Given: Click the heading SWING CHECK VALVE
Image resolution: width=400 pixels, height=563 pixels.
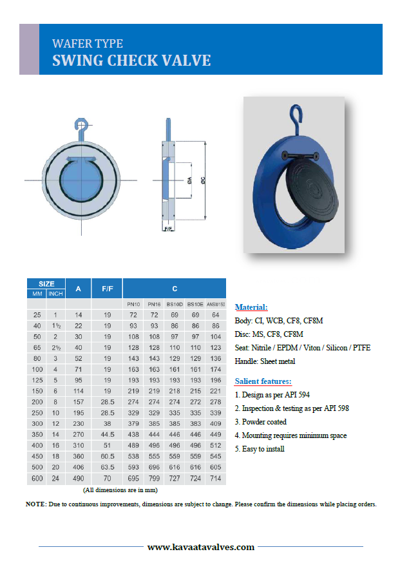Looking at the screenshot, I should (x=131, y=61).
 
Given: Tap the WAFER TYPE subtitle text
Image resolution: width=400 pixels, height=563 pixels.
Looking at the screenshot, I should (x=87, y=44).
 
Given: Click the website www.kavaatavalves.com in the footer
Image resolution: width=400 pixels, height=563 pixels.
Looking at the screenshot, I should (x=200, y=547).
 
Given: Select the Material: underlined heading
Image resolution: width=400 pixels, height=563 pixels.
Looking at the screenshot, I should (x=251, y=307).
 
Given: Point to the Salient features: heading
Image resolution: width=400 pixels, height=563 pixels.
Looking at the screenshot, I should (x=263, y=381).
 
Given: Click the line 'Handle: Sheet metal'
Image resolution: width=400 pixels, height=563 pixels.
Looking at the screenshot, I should (x=265, y=361).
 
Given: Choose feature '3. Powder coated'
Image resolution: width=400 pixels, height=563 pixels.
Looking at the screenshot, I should (x=261, y=422).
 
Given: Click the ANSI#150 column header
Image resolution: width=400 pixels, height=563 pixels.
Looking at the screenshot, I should (x=215, y=304).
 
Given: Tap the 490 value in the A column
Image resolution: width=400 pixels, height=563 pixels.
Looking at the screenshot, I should (x=78, y=479).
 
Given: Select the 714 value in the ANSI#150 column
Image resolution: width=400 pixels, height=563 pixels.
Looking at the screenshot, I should (x=215, y=479).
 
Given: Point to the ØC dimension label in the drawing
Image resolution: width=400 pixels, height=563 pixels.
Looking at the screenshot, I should (x=204, y=182).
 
